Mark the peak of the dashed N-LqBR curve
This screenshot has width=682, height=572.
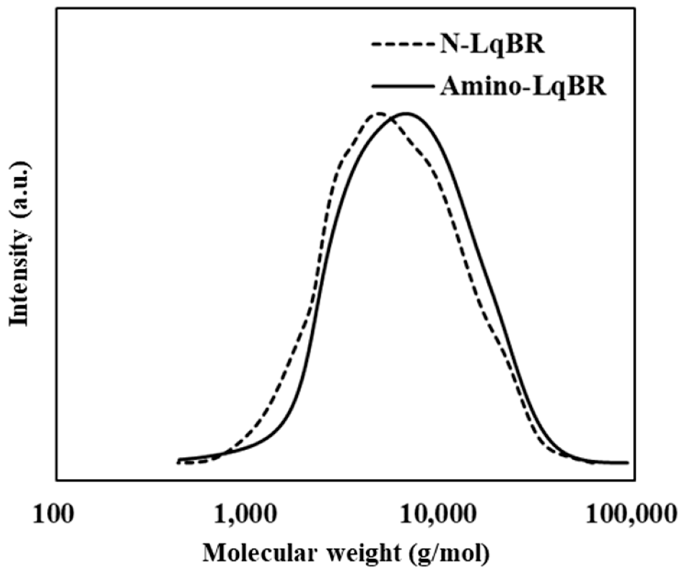tap(379, 113)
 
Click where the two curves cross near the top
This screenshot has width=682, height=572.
tap(391, 119)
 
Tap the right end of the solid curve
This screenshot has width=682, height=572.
tap(628, 462)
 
